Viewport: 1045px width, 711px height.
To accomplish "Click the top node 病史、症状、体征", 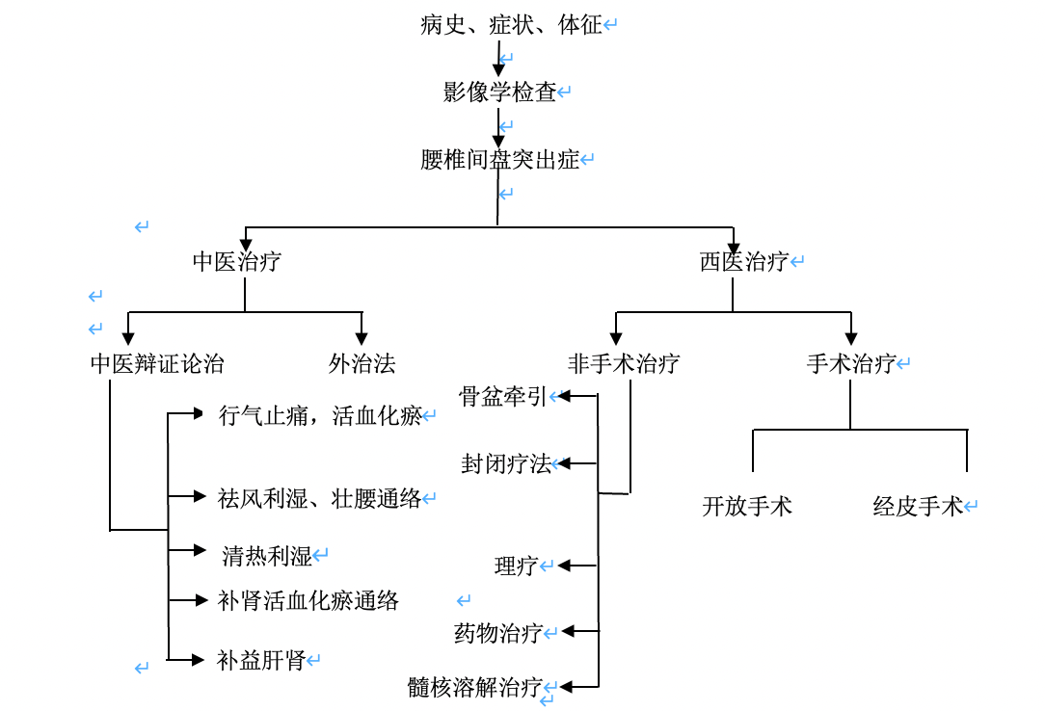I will [511, 25].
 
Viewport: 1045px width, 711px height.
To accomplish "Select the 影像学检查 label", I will [499, 92].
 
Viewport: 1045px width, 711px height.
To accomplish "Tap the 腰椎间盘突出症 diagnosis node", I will [499, 160].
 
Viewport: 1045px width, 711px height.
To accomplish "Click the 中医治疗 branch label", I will [237, 262].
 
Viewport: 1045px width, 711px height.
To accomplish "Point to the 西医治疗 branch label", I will [743, 262].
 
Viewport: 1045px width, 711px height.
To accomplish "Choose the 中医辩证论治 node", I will [157, 364].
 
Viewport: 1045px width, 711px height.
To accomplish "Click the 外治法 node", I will [362, 364].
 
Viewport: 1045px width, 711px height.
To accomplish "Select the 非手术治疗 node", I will [624, 364].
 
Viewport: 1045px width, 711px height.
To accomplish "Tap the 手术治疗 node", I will [850, 364].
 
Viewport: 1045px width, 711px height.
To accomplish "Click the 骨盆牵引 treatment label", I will [502, 397].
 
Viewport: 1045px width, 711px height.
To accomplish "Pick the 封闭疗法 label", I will [506, 464].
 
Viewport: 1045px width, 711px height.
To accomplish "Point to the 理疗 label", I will [516, 566].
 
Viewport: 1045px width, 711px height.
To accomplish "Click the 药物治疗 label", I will [497, 633].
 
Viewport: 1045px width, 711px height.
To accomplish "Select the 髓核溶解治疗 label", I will [474, 688].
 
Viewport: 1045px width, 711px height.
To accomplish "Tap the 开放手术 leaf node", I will [747, 507].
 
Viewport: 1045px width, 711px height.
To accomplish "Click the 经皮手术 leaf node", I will [918, 507].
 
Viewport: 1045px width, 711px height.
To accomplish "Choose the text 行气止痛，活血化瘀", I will [320, 416].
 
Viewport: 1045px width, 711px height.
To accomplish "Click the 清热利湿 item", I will [267, 556].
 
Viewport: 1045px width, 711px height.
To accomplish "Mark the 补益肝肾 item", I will [261, 661].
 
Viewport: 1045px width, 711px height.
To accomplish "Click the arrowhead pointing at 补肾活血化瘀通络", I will [201, 601].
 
